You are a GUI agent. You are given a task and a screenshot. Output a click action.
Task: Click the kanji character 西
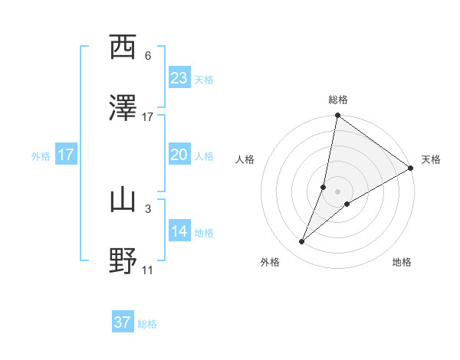tap(123, 48)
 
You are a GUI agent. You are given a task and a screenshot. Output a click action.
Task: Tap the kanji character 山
tap(123, 200)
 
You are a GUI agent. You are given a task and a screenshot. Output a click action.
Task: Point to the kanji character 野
tap(123, 260)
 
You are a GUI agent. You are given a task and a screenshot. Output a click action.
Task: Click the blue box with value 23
tap(179, 77)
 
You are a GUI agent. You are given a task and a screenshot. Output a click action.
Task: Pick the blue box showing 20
tap(179, 155)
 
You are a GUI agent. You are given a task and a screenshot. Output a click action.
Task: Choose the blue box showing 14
tap(179, 231)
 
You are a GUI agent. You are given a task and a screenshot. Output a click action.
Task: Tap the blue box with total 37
tap(123, 322)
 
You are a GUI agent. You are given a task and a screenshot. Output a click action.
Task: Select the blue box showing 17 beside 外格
tap(66, 155)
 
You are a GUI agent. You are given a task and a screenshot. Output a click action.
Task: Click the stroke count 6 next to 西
tap(148, 56)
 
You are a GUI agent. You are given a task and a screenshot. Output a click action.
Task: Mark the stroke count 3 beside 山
tap(148, 208)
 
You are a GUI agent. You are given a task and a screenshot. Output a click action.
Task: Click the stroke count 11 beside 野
tap(148, 269)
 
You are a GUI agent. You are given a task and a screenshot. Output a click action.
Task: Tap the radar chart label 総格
tap(338, 100)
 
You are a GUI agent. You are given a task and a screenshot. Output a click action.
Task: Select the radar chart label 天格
tap(431, 159)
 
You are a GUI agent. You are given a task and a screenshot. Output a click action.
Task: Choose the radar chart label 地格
tap(402, 262)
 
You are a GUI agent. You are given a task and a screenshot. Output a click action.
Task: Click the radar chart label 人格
tap(246, 159)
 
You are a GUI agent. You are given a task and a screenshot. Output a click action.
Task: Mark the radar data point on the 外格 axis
tap(302, 242)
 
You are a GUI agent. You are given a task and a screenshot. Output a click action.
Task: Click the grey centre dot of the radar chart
tap(338, 191)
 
